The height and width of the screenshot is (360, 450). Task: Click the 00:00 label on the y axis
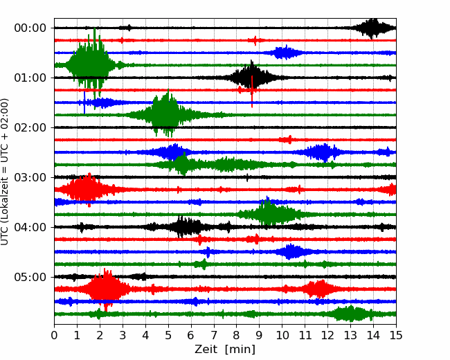point(30,28)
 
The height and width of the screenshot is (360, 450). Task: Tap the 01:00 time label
point(30,78)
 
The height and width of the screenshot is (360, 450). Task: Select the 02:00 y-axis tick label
point(30,127)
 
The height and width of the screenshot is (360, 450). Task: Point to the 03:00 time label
point(30,177)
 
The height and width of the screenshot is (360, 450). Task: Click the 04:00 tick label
point(30,227)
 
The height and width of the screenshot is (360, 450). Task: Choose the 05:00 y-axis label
point(30,277)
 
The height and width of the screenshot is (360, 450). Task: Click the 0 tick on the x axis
point(54,335)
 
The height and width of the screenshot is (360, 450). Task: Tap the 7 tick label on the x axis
point(214,335)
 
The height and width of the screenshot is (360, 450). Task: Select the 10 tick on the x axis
point(282,335)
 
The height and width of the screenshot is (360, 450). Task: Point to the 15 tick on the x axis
point(396,335)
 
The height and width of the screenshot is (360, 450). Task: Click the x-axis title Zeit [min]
point(225,350)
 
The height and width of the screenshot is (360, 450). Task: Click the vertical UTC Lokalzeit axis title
point(5,172)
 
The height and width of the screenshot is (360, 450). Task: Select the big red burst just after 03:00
point(84,190)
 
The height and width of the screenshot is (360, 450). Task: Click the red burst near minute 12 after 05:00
point(319,289)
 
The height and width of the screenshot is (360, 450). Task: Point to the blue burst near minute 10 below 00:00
point(285,53)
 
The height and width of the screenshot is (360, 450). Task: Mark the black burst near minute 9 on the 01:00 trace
point(252,77)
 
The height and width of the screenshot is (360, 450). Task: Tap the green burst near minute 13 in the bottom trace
point(352,314)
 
